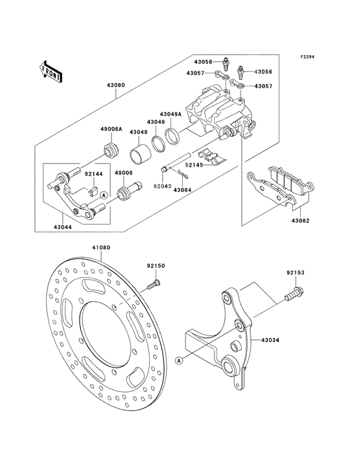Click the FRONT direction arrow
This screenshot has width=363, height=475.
click(x=50, y=70)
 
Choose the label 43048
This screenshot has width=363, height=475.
click(x=137, y=132)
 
